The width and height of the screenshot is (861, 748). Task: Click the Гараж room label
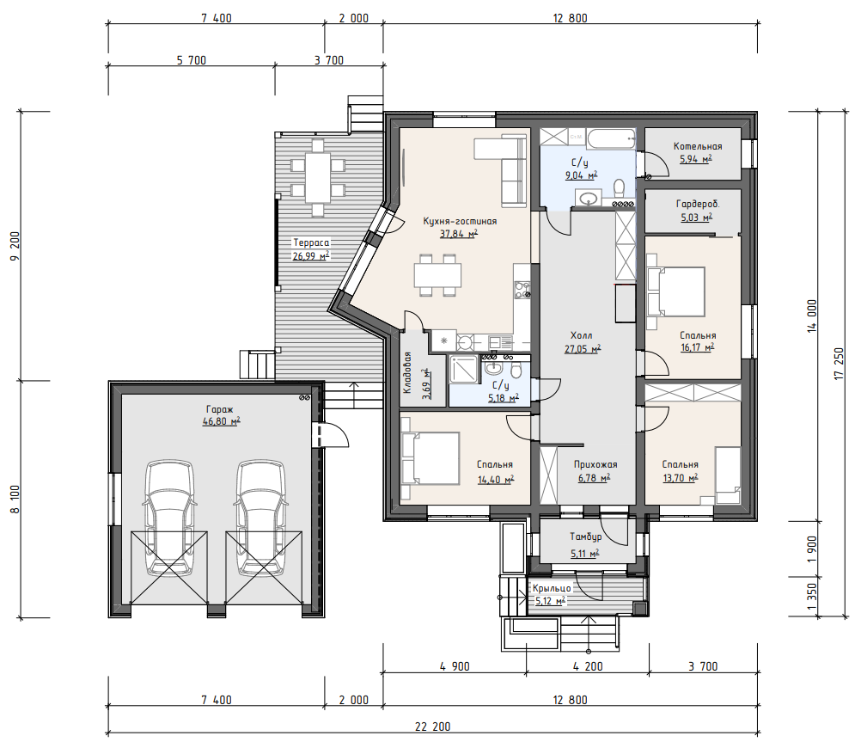[x=220, y=409]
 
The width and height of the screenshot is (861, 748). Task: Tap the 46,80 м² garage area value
[x=222, y=421]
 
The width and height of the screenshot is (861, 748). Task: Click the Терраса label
[x=311, y=242]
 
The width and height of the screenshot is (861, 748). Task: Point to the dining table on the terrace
[x=318, y=177]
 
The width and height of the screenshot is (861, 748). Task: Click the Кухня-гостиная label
[x=460, y=221]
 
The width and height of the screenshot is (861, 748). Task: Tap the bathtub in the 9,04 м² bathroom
[x=611, y=138]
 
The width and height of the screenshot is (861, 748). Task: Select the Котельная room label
[x=698, y=146]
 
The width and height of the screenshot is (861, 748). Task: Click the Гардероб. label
[x=698, y=204]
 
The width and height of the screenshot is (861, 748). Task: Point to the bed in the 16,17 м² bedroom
[x=675, y=291]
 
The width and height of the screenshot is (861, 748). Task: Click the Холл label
[x=582, y=335]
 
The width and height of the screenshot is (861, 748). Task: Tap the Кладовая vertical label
[x=407, y=372]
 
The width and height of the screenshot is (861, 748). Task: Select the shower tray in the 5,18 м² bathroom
[x=464, y=369]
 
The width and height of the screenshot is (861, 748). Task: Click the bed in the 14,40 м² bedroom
[x=430, y=458]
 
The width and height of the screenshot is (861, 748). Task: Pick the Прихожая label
[x=595, y=464]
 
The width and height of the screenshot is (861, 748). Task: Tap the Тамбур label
[x=585, y=536]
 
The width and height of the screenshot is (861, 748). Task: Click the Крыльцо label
[x=552, y=588]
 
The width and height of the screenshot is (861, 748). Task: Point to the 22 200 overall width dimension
[x=433, y=727]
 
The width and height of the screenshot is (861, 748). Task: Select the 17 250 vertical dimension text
[x=838, y=364]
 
